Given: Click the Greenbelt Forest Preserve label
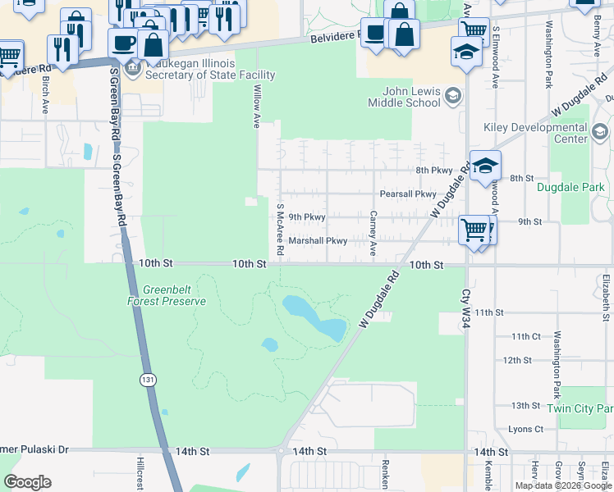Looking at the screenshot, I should [174, 295].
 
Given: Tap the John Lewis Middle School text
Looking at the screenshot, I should [411, 97].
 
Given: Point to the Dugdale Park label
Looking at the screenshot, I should [570, 187].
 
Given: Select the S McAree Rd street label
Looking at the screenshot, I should [280, 229].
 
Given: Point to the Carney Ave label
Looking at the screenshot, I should [373, 233].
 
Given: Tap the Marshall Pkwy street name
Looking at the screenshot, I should [318, 241].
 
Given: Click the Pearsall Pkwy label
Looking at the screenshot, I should [407, 194].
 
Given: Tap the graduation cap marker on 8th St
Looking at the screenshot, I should [485, 166].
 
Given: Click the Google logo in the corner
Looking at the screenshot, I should [27, 482].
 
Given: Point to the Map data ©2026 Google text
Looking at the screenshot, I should [562, 485].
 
